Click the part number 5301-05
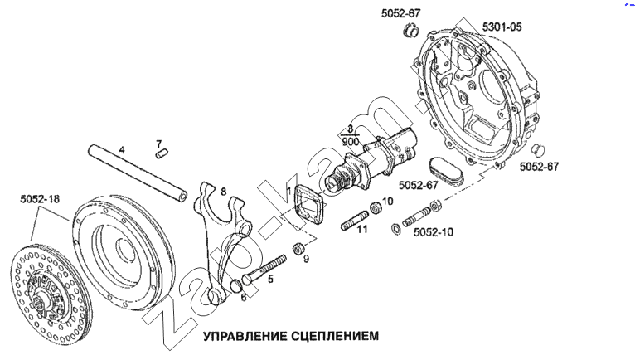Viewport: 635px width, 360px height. click(x=503, y=27)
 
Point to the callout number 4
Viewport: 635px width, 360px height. click(x=121, y=150)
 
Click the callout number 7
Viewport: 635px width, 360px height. click(x=159, y=144)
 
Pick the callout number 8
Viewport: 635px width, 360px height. click(x=223, y=192)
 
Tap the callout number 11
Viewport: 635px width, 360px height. click(x=361, y=229)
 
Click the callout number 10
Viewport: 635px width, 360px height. click(x=387, y=200)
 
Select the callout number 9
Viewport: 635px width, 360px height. click(x=306, y=260)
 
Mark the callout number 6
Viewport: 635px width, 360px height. click(x=244, y=297)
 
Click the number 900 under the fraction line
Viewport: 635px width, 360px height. click(x=350, y=141)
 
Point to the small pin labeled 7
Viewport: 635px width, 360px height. click(x=162, y=153)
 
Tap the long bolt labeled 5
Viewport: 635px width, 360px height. click(x=264, y=267)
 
